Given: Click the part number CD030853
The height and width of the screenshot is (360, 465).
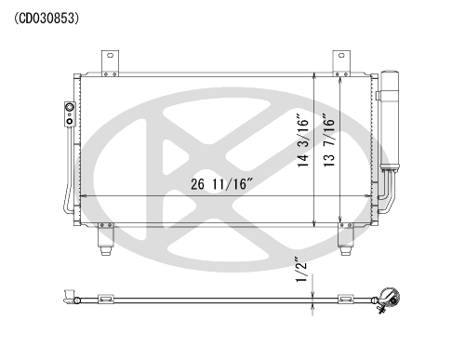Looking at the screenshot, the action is tap(46, 19).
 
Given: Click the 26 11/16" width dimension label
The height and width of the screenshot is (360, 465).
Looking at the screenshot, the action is tap(222, 184).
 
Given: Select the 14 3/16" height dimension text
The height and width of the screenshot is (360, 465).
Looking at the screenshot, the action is tap(303, 141).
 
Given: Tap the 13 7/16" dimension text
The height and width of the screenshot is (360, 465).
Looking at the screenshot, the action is tap(329, 140).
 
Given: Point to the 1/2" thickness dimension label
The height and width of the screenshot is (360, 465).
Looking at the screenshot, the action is tap(301, 269).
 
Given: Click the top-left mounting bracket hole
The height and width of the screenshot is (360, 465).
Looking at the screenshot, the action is tap(110, 56).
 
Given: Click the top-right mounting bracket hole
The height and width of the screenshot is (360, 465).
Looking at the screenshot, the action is tap(341, 56).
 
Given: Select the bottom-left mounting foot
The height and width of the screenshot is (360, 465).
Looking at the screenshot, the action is tap(105, 239).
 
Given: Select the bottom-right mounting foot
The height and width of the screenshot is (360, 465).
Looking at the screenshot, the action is tap(345, 239).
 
